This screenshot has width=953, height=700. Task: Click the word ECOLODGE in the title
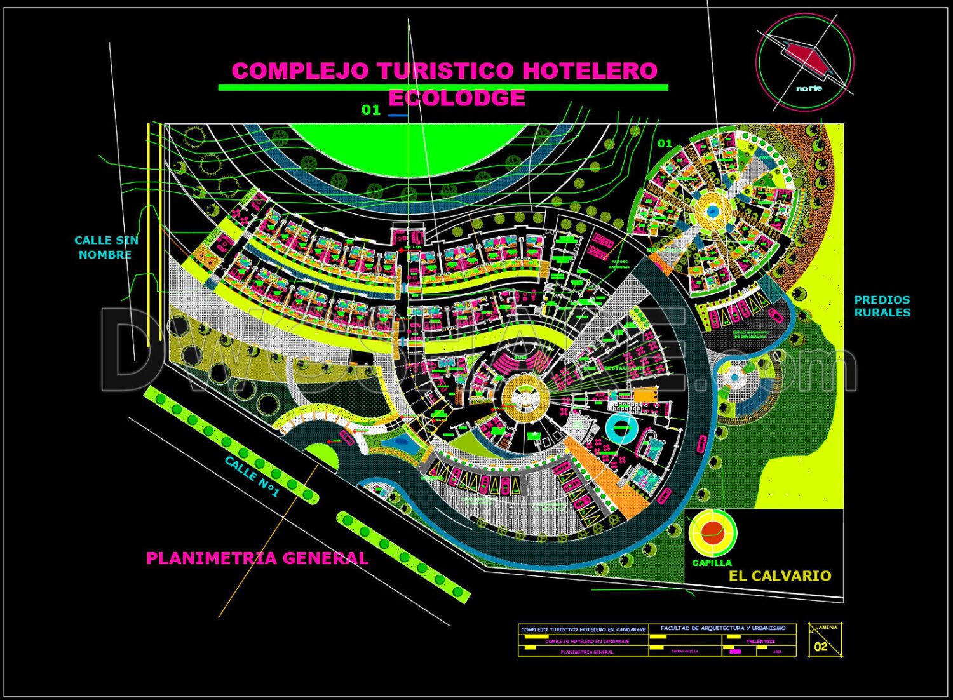point(456,98)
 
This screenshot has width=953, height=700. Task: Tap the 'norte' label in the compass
point(809,88)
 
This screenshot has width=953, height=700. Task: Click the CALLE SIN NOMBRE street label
point(105,247)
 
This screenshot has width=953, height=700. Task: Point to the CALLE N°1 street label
point(252,476)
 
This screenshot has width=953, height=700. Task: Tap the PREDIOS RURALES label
point(882,306)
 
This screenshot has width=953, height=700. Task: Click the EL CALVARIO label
point(780,576)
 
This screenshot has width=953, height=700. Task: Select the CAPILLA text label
point(712,563)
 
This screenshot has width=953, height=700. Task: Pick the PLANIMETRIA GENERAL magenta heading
point(257,558)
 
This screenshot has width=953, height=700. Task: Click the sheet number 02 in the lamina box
point(821,647)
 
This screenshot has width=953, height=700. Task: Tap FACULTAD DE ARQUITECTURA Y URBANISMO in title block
point(723,628)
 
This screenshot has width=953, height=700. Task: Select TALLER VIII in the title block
point(760,641)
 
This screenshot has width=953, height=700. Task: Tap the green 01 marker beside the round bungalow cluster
point(665,144)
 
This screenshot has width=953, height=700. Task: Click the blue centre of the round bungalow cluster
point(712,210)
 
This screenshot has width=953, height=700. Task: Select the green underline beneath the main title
point(443,88)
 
